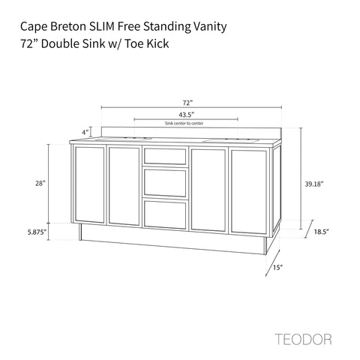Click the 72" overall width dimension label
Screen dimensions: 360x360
point(187,103)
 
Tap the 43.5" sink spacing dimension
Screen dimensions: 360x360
point(187,115)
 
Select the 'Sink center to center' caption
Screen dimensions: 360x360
point(184,123)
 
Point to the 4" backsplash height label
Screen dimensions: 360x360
point(85,132)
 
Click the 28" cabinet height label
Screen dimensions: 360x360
point(40,183)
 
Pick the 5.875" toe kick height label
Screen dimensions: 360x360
point(37,232)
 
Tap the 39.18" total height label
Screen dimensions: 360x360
point(314,184)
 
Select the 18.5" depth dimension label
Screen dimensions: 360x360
point(321,232)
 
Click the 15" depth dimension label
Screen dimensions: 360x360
point(277,267)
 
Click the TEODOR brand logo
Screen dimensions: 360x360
point(304,339)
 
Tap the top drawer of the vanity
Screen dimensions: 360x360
point(165,156)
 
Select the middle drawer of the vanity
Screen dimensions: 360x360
point(165,182)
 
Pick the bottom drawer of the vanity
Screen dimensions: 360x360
point(165,214)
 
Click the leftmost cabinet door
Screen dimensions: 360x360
point(90,184)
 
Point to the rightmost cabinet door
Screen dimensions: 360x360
point(249,192)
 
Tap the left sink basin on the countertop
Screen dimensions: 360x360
point(123,139)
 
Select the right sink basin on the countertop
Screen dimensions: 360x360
point(230,141)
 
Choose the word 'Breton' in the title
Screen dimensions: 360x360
point(68,26)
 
